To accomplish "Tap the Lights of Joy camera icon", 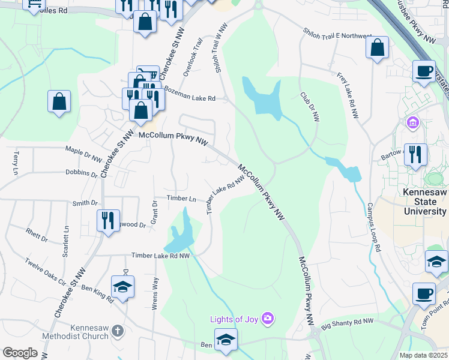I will click(x=268, y=318).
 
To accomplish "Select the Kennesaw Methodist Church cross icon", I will click(x=118, y=331).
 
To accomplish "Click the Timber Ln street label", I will click(x=181, y=199).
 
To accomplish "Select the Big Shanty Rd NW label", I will click(x=347, y=325).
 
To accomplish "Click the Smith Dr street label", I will click(x=85, y=203).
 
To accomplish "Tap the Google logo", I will click(x=20, y=353).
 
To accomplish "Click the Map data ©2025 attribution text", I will click(x=424, y=355).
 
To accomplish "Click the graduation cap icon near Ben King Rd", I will click(x=122, y=286).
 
